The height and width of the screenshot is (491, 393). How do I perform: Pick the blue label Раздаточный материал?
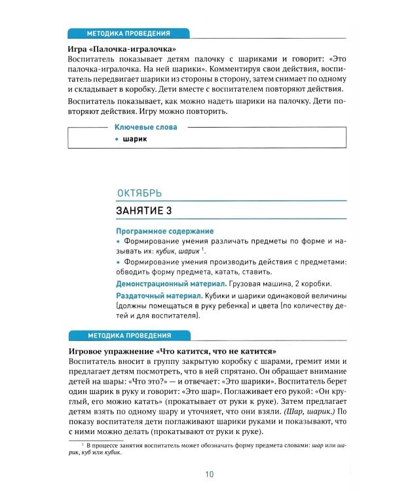click(x=157, y=298)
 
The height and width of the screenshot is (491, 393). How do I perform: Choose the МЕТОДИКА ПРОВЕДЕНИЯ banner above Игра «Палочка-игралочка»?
click(x=128, y=34)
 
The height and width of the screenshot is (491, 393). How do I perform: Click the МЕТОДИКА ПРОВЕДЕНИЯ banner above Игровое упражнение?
click(x=128, y=336)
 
